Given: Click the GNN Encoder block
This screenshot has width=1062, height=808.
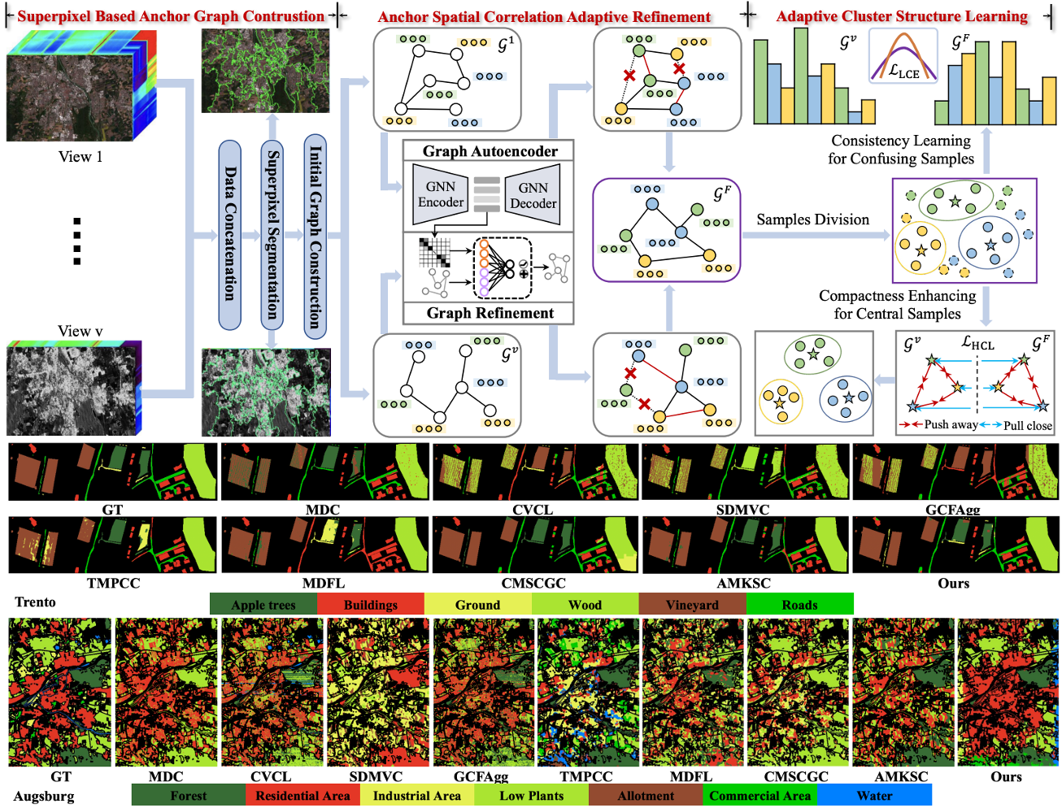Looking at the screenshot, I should (x=440, y=194).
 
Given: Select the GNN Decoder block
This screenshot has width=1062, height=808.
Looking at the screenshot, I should (x=533, y=195).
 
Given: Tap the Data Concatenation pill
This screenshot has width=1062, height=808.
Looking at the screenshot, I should (x=230, y=234).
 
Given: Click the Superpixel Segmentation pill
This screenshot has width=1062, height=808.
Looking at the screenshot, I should (x=272, y=234).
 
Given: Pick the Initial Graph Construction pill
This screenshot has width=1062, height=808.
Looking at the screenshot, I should (x=315, y=236).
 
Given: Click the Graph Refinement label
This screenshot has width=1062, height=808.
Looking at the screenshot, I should (x=490, y=313).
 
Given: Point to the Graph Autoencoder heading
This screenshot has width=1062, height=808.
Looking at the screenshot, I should (x=490, y=151).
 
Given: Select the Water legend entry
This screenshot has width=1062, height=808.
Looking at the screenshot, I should (x=874, y=796).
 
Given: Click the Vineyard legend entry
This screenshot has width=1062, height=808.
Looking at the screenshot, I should (x=692, y=605).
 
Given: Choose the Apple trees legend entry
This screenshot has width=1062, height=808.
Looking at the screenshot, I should (x=263, y=605).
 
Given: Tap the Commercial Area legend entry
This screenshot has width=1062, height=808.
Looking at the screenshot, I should (x=760, y=796).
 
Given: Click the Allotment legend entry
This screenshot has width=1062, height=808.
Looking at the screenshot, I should (x=646, y=796).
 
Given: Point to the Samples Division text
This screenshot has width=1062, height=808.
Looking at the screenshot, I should (x=812, y=219).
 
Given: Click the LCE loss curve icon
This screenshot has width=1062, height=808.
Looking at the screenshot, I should (x=903, y=57).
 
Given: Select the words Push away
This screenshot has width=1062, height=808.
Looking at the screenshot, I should (x=950, y=424).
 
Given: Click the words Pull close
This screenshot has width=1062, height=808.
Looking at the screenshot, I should (x=1027, y=425).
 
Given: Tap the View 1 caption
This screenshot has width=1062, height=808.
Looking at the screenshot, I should (x=81, y=157).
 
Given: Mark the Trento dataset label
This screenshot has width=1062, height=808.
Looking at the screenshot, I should (x=36, y=602).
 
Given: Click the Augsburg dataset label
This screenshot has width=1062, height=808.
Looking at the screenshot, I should (x=44, y=796).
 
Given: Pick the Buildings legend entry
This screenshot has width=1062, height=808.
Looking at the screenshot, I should (x=370, y=605).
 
